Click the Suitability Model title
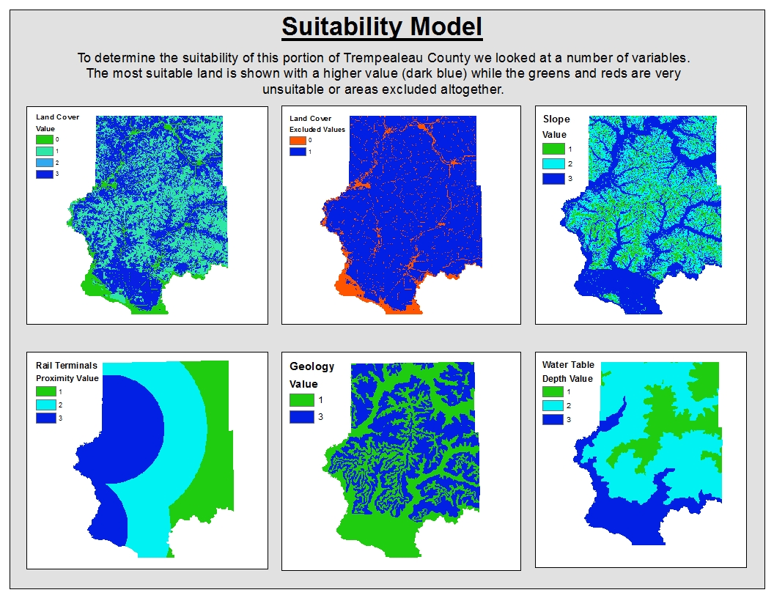[382, 27]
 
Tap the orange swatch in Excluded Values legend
[298, 140]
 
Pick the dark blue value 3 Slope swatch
[554, 178]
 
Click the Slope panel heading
[556, 119]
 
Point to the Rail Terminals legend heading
[66, 365]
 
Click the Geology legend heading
[312, 366]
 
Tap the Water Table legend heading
[568, 365]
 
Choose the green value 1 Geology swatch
[301, 400]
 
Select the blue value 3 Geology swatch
[301, 416]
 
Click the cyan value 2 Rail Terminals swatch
[45, 405]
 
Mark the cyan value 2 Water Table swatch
[553, 405]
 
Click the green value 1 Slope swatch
[554, 149]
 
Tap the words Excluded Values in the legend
[317, 129]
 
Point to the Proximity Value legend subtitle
[67, 378]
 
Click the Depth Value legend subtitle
[567, 378]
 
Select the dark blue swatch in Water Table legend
[553, 419]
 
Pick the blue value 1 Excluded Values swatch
[298, 152]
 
